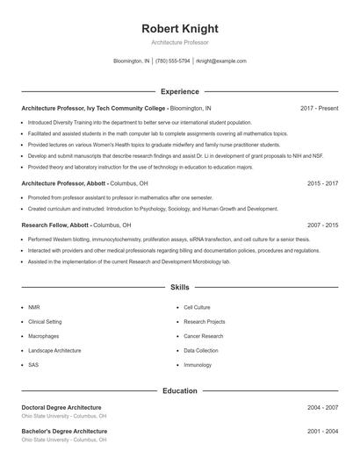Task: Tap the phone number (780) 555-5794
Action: (x=173, y=61)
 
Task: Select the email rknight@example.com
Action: (x=221, y=61)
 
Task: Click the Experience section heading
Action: (x=179, y=91)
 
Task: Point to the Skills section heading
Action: (x=179, y=287)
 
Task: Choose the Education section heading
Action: (x=179, y=391)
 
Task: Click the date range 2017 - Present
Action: (x=319, y=108)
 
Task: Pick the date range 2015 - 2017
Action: (x=322, y=184)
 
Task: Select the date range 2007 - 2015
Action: (x=322, y=225)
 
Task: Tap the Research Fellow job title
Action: (x=42, y=225)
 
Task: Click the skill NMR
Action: (x=34, y=308)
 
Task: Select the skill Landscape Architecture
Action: (x=54, y=350)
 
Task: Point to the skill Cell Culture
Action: (x=197, y=308)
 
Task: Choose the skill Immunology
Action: (x=198, y=364)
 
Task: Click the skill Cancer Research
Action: (x=203, y=336)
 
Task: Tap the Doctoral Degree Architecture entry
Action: (x=61, y=407)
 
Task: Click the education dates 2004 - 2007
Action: (x=322, y=408)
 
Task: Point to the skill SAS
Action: (x=33, y=364)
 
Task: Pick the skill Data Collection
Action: (x=201, y=350)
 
